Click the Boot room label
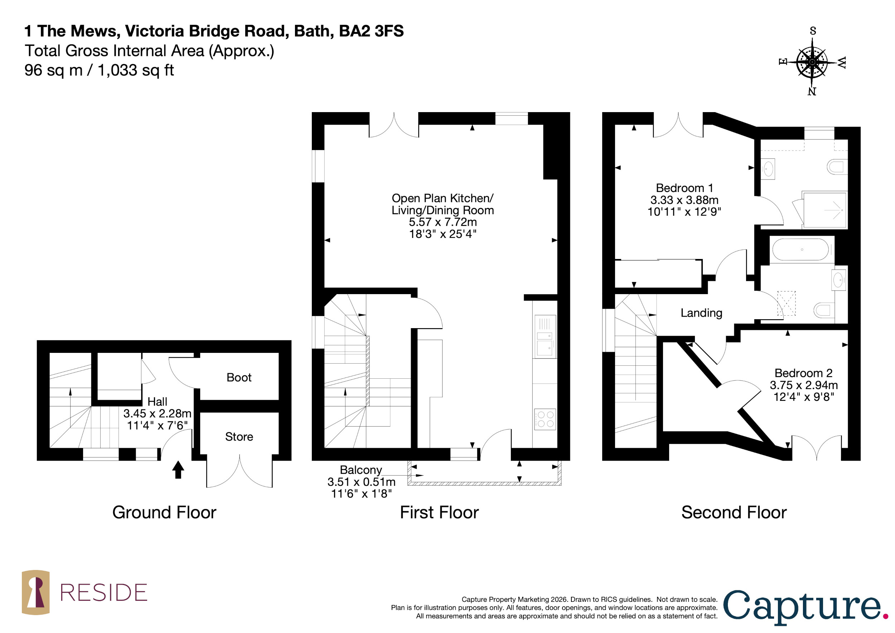239,378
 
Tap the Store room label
239,437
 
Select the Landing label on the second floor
701,313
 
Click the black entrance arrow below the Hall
178,470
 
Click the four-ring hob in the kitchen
545,419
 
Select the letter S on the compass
813,31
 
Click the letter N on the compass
812,92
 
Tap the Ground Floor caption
164,513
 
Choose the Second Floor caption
734,513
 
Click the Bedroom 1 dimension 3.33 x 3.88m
684,200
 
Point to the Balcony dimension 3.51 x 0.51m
361,482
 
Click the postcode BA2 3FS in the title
372,31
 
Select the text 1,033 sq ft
136,71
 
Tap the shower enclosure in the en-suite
824,210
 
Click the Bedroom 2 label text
803,373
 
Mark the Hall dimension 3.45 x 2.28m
157,413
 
